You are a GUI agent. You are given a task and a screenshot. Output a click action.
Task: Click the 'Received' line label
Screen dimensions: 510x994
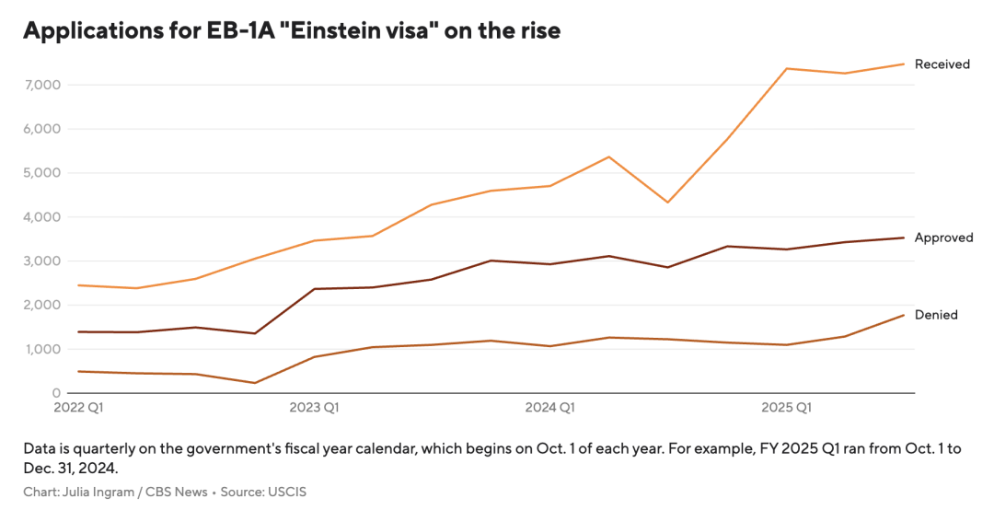click(x=942, y=64)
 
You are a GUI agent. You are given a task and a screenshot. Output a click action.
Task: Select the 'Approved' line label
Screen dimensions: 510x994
click(x=943, y=238)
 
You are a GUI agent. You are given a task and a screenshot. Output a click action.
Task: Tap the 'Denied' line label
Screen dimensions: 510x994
click(x=936, y=315)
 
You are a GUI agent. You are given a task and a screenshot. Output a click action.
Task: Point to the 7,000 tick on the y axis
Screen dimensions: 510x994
click(x=41, y=85)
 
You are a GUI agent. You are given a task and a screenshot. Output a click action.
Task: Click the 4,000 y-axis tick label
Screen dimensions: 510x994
click(x=41, y=217)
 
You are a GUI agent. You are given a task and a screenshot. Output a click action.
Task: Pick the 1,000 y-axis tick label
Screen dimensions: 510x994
click(x=42, y=349)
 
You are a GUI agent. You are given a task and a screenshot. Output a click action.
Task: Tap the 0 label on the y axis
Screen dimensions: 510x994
click(x=56, y=393)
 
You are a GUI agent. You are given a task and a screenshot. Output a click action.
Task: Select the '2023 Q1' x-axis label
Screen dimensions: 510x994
click(x=314, y=407)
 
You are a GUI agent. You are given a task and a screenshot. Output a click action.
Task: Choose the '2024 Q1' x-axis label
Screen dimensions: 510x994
click(x=549, y=407)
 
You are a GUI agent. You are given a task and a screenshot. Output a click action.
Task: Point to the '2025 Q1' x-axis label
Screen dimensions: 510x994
click(x=786, y=407)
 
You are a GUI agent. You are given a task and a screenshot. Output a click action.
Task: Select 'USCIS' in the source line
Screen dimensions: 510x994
click(x=287, y=492)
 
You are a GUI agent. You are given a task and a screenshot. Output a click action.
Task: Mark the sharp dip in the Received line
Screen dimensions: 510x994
click(x=668, y=203)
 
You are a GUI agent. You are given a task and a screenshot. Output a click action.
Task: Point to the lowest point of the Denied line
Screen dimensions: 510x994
click(x=254, y=383)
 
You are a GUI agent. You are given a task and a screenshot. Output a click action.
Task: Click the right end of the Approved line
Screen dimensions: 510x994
click(x=904, y=238)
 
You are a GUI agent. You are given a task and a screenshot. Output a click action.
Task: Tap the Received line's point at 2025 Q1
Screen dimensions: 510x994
click(x=787, y=68)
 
